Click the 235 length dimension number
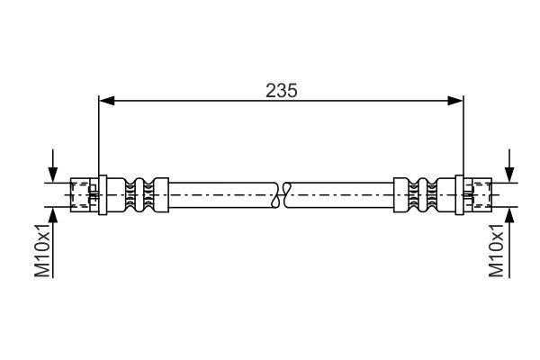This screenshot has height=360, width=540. pyautogui.click(x=281, y=90)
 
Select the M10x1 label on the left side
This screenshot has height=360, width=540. pyautogui.click(x=42, y=253)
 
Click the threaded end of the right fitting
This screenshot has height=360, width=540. pyautogui.click(x=478, y=193)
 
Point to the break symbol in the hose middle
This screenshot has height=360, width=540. pyautogui.click(x=282, y=193)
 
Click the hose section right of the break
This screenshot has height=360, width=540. pyautogui.click(x=342, y=193)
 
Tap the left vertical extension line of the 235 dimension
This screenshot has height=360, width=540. pyautogui.click(x=98, y=135)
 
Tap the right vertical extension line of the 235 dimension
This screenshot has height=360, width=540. pyautogui.click(x=463, y=135)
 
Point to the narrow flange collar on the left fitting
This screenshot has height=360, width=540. pyautogui.click(x=103, y=193)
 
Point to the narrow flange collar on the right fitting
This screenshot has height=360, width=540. pyautogui.click(x=458, y=193)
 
